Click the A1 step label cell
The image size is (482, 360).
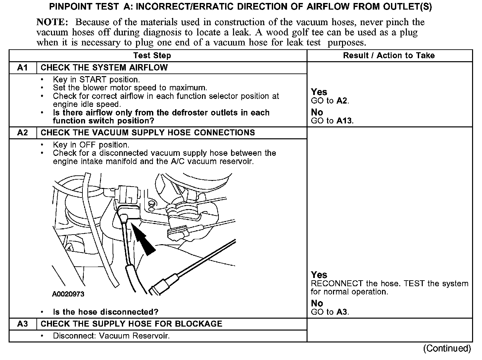click(23, 68)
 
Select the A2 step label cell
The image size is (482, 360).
click(23, 133)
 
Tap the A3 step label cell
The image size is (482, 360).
click(23, 324)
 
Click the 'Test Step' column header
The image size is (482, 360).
click(152, 56)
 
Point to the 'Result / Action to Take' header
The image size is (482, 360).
click(389, 56)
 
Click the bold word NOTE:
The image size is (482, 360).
click(52, 22)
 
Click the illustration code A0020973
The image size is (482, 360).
click(68, 294)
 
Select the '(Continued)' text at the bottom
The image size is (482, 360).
click(447, 348)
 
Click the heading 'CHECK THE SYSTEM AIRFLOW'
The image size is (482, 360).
click(104, 68)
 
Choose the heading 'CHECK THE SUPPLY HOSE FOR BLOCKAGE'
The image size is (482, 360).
click(131, 324)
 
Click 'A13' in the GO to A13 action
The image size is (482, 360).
click(344, 121)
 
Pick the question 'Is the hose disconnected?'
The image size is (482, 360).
click(106, 312)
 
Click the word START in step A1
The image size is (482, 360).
click(93, 80)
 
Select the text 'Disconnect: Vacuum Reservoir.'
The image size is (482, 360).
click(111, 336)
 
